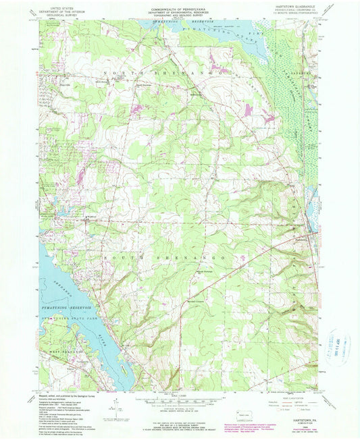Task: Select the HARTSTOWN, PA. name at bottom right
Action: pyautogui.click(x=302, y=417)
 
